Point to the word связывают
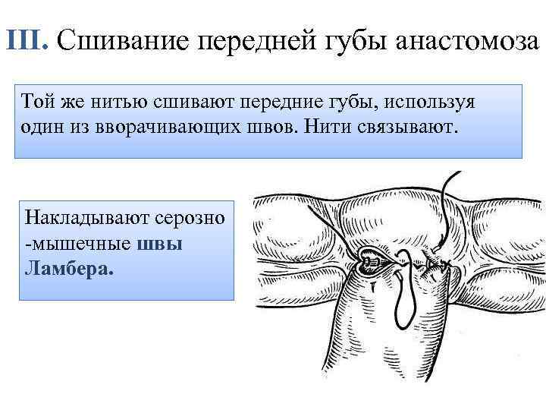(x=405, y=125)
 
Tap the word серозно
(x=190, y=218)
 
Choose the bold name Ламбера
(x=68, y=267)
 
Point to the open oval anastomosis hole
(x=371, y=266)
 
